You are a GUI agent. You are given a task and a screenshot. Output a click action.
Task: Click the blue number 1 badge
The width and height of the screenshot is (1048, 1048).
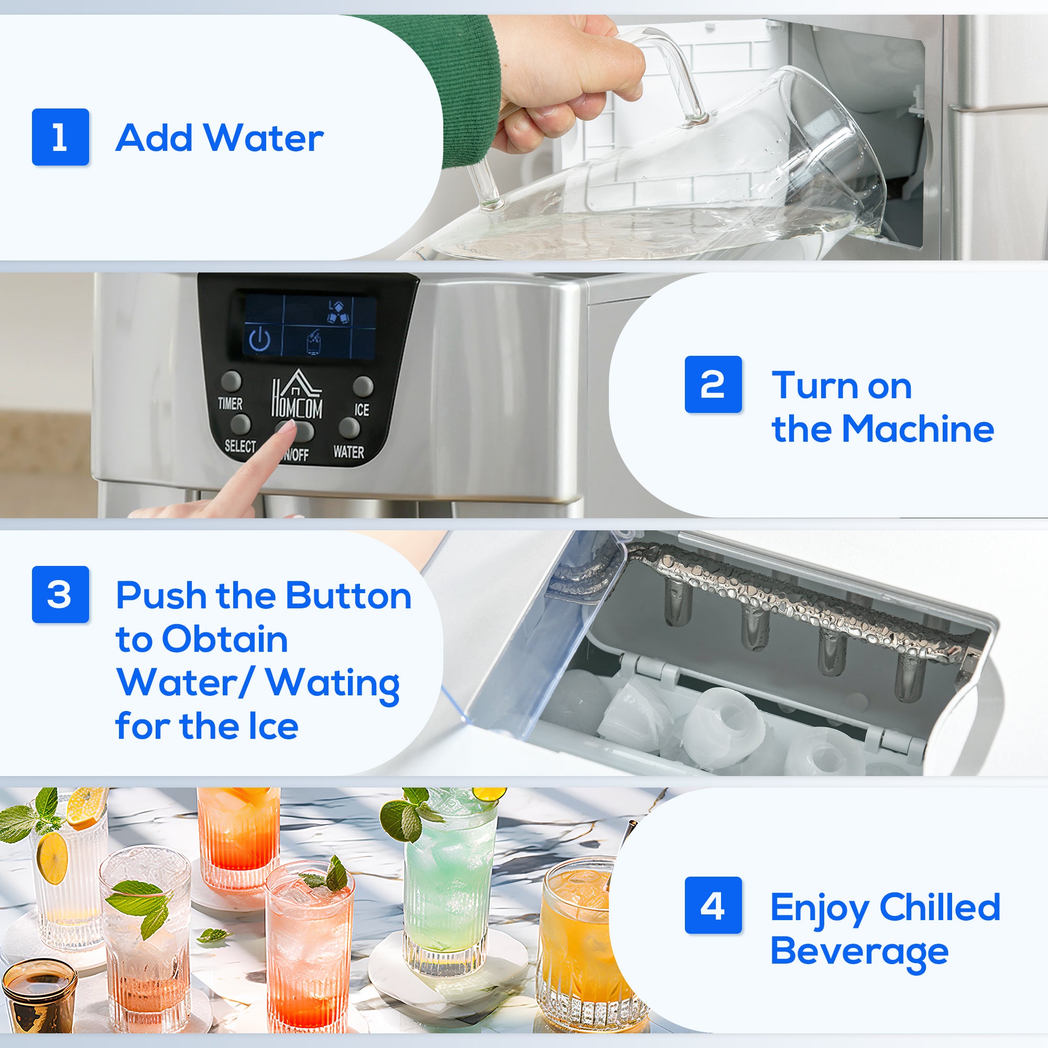pyautogui.click(x=60, y=137)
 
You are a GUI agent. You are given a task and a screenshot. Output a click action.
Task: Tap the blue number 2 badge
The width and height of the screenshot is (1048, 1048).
pyautogui.click(x=713, y=384)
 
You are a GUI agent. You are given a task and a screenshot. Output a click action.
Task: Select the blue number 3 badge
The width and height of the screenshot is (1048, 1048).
pyautogui.click(x=60, y=594)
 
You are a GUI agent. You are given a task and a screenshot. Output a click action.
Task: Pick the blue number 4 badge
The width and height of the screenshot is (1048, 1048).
pyautogui.click(x=713, y=905)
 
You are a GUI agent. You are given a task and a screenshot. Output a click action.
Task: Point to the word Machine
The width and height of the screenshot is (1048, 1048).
pyautogui.click(x=918, y=429)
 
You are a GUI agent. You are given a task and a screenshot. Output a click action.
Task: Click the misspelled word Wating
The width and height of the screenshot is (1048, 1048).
pyautogui.click(x=333, y=684)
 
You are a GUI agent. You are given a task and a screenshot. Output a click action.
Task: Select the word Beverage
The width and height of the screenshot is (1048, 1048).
pyautogui.click(x=859, y=953)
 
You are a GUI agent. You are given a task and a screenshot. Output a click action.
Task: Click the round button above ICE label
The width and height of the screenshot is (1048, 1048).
pyautogui.click(x=363, y=386)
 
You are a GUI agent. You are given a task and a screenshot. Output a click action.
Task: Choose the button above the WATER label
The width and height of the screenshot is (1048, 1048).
pyautogui.click(x=349, y=428)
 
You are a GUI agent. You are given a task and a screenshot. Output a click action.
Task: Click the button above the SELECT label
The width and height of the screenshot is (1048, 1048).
pyautogui.click(x=240, y=423)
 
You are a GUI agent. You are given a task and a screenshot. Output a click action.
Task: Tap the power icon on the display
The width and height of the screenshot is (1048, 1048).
pyautogui.click(x=259, y=340)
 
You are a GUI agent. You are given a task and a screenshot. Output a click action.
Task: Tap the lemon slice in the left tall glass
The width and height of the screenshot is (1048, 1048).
pyautogui.click(x=52, y=858)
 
